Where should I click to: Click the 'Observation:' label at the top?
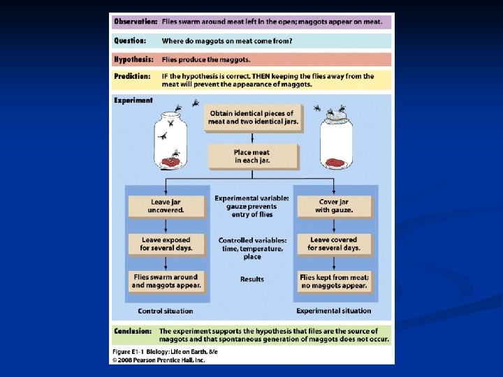pyautogui.click(x=136, y=22)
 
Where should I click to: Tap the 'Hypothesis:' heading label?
pyautogui.click(x=134, y=59)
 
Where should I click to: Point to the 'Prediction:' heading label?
pyautogui.click(x=133, y=76)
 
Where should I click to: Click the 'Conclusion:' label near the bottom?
pyautogui.click(x=133, y=331)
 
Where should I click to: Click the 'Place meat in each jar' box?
pyautogui.click(x=252, y=156)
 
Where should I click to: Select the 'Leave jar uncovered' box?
pyautogui.click(x=166, y=206)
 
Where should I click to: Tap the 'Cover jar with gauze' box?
pyautogui.click(x=334, y=206)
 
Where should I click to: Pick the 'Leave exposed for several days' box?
pyautogui.click(x=166, y=244)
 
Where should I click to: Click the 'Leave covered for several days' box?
pyautogui.click(x=334, y=244)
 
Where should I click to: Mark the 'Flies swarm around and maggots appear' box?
pyautogui.click(x=166, y=281)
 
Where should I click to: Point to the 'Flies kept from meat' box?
pyautogui.click(x=334, y=281)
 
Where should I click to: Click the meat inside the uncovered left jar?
pyautogui.click(x=170, y=163)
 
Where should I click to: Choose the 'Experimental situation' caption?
pyautogui.click(x=334, y=311)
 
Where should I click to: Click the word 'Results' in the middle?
pyautogui.click(x=252, y=279)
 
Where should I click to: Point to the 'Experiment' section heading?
pyautogui.click(x=133, y=101)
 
